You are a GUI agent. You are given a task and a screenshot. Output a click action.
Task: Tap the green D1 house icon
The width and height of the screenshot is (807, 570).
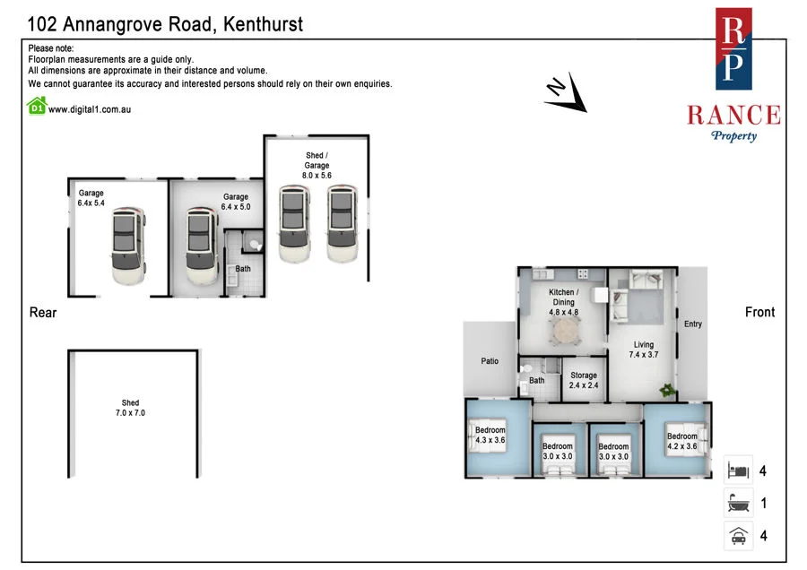click(37, 106)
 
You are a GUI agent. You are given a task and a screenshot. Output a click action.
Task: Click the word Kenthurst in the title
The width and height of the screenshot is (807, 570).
click(263, 24)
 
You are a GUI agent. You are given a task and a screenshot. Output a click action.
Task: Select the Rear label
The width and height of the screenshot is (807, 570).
click(43, 312)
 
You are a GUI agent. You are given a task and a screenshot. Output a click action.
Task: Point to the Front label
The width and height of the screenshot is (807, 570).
click(759, 312)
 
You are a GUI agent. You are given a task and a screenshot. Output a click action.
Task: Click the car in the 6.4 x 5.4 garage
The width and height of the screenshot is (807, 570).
click(127, 246)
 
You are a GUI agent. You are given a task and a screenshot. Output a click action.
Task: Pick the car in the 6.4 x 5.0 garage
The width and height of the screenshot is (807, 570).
click(201, 246)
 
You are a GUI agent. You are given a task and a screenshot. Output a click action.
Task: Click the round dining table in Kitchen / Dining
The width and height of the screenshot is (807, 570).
click(566, 331)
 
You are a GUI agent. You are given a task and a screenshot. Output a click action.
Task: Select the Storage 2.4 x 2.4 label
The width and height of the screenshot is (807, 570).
click(584, 380)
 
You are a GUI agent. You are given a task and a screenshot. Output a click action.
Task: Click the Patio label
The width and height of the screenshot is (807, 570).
click(490, 361)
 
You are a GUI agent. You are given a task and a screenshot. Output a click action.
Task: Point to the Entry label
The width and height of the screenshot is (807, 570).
click(693, 324)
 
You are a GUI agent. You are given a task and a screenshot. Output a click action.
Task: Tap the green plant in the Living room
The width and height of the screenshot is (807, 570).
click(667, 390)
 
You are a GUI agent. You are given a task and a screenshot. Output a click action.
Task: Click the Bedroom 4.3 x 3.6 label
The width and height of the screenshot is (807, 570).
click(490, 435)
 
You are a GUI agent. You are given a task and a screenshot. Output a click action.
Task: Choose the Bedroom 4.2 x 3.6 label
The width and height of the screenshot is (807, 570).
click(682, 441)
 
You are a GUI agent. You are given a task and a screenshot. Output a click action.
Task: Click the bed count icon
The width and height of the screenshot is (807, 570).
click(738, 471)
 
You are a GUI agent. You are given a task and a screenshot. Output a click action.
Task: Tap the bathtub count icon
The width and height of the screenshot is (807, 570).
click(738, 503)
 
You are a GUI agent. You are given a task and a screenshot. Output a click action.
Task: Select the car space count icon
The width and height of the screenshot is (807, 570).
click(738, 536)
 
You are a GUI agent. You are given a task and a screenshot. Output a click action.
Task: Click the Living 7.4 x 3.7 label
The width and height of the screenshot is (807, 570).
click(643, 350)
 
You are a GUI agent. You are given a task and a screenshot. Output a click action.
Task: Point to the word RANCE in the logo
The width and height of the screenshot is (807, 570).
click(733, 115)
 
